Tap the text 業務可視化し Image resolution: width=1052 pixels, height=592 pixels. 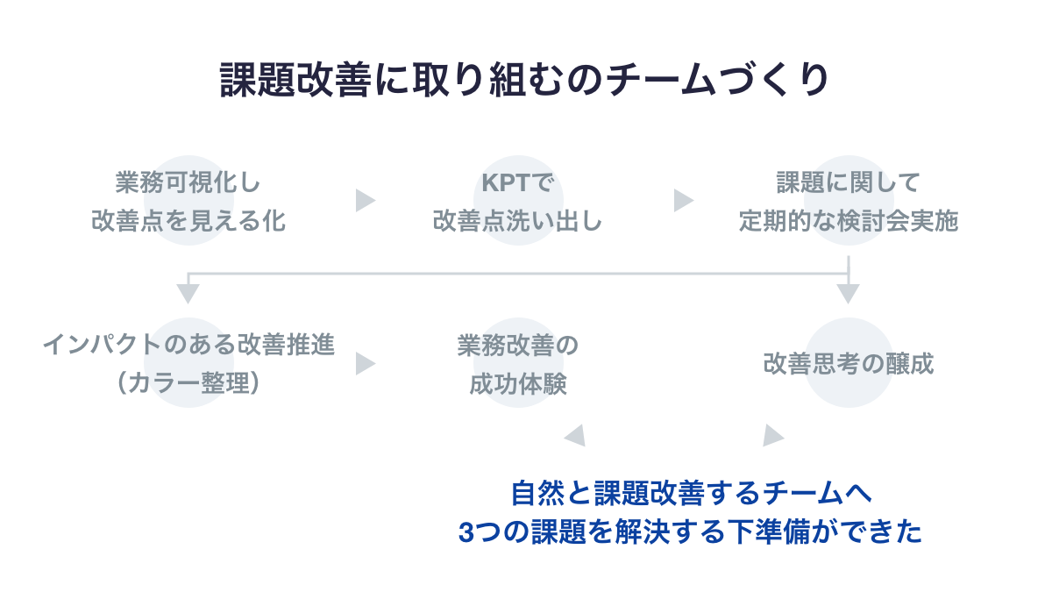(188, 182)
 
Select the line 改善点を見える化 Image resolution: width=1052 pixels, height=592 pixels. (188, 220)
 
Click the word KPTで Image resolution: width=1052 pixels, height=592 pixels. (518, 182)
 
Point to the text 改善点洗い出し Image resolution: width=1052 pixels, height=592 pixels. (518, 220)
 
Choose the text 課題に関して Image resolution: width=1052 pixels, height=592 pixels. (848, 182)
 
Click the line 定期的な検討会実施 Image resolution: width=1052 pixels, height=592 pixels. (848, 220)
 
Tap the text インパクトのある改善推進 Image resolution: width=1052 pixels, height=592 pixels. (188, 345)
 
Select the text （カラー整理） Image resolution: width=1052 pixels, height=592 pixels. (188, 383)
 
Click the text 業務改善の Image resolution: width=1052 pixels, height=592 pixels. (518, 345)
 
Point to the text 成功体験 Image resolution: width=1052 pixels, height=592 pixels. (518, 383)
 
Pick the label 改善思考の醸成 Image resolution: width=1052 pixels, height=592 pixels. (848, 363)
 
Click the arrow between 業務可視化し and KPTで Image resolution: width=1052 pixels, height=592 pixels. (365, 201)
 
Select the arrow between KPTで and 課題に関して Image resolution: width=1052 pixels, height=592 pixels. (683, 201)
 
